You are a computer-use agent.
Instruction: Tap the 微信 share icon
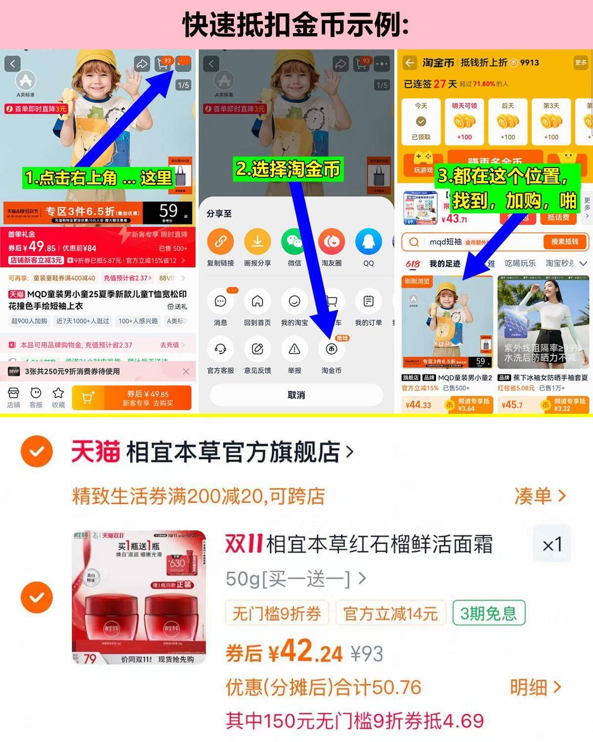coord(294,241)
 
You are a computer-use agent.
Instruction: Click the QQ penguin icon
coord(368,241)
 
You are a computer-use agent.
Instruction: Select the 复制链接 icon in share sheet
coord(220,241)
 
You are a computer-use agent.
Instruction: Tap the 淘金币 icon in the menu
coord(331,349)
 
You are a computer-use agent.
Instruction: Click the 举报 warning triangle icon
coord(294,349)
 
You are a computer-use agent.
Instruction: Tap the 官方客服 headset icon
coord(220,349)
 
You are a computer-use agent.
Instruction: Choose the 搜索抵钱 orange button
coord(564,242)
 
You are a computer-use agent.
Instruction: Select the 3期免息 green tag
coord(488,613)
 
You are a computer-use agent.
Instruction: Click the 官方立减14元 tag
coord(390,614)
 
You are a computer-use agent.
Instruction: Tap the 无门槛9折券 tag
coord(276,614)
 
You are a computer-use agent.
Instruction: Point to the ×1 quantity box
coord(552,545)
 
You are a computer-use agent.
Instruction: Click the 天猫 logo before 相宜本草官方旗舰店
coord(95,451)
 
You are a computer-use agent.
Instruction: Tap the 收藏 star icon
coord(58,393)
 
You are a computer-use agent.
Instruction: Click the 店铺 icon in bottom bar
coord(13,393)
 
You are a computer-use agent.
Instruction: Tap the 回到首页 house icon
coord(257,301)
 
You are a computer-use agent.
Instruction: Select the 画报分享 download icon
coord(257,241)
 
